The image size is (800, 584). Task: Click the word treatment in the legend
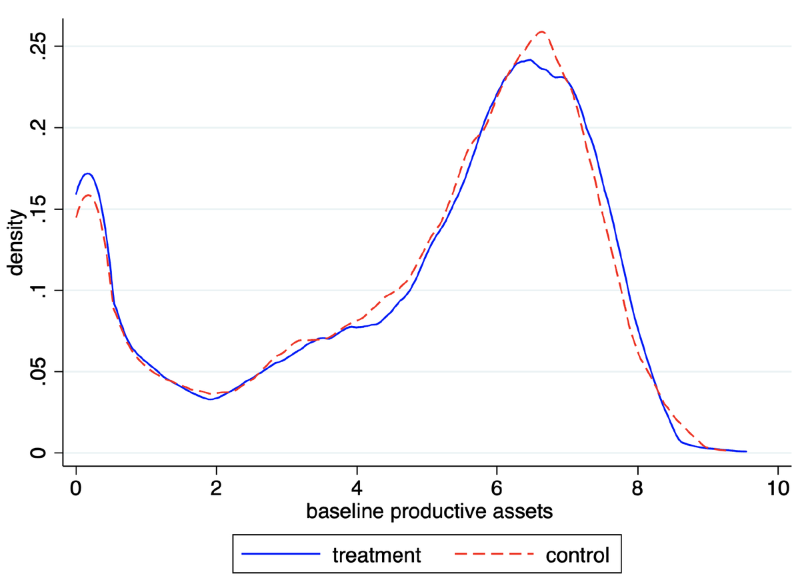coord(377,555)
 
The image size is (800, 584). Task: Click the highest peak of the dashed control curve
coord(541,31)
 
